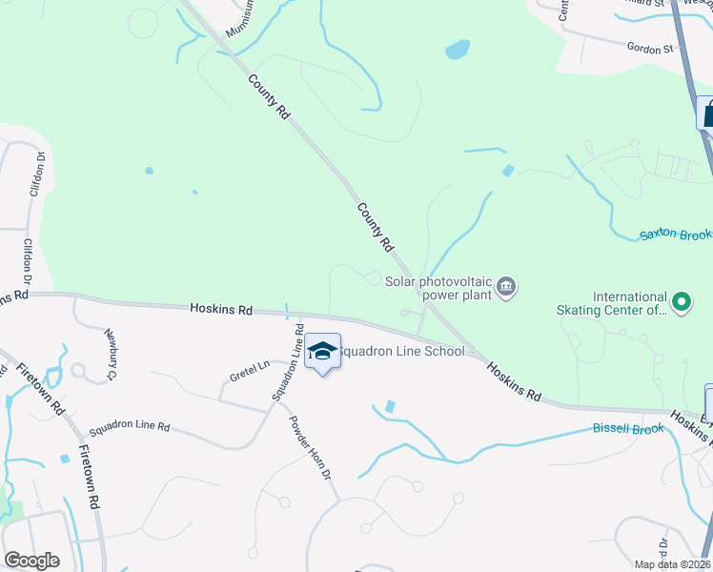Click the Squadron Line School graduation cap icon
click(322, 351)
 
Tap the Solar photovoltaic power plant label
click(438, 287)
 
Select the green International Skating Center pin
click(681, 303)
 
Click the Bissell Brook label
click(627, 429)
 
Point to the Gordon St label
click(650, 47)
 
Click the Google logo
click(31, 561)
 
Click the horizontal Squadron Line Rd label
click(129, 427)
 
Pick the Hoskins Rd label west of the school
click(221, 310)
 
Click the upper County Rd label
click(270, 97)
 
